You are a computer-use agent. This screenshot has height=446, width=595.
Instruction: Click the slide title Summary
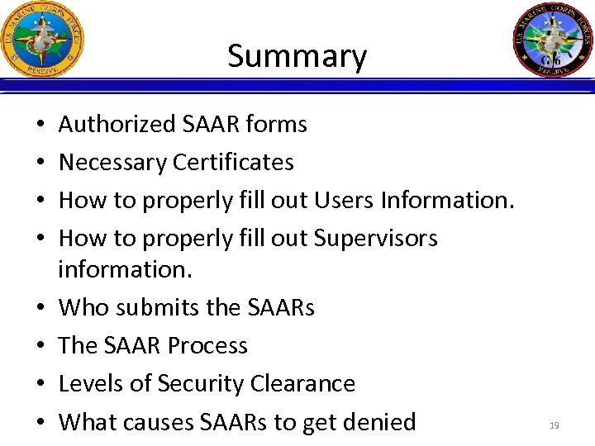[x=297, y=56]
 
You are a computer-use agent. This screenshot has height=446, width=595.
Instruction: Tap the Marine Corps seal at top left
[x=43, y=39]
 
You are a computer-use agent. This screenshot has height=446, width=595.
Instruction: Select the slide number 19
[x=554, y=425]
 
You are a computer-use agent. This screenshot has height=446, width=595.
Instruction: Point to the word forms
[x=276, y=125]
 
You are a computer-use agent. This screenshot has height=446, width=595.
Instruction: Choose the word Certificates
[x=234, y=163]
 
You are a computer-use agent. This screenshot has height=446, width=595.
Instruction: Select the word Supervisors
[x=376, y=239]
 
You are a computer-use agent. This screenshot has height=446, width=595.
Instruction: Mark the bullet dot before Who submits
[x=41, y=308]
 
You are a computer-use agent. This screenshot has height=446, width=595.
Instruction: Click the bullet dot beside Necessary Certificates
[x=41, y=163]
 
